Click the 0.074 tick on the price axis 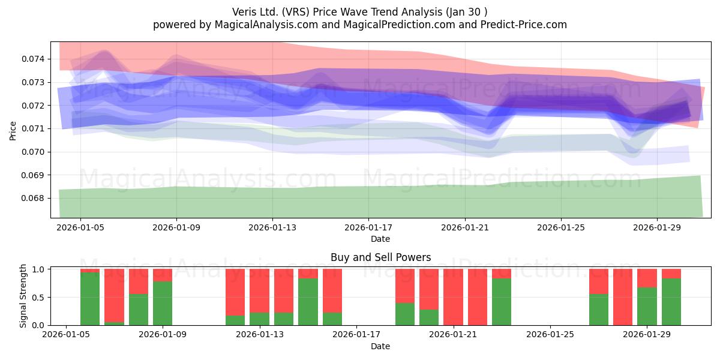(x=33, y=59)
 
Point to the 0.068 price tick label (x=33, y=199)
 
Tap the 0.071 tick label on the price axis (x=33, y=129)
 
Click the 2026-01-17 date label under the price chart (x=368, y=227)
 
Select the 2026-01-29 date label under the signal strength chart (x=647, y=335)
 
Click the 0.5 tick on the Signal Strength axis (x=38, y=298)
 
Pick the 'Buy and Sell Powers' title (x=380, y=257)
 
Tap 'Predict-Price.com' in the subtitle (x=524, y=25)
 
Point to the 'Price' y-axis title (x=13, y=131)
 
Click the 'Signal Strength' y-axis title (x=23, y=296)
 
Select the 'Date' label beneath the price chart (x=380, y=239)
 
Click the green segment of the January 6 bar (x=90, y=299)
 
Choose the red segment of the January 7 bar (x=115, y=295)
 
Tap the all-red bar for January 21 (x=453, y=297)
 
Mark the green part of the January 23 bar (x=502, y=302)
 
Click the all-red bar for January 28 (x=623, y=297)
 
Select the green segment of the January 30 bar (x=671, y=302)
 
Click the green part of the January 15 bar (x=308, y=302)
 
